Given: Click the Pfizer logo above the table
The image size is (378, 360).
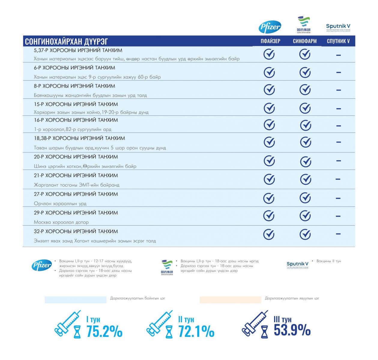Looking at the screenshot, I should pyautogui.click(x=270, y=27).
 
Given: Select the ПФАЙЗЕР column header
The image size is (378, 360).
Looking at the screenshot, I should pyautogui.click(x=270, y=41).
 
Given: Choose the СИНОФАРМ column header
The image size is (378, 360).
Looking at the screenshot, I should pyautogui.click(x=304, y=41).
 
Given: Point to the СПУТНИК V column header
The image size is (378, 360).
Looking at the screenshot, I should pyautogui.click(x=338, y=41).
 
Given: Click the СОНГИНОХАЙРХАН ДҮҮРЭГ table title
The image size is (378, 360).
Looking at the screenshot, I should pyautogui.click(x=66, y=41).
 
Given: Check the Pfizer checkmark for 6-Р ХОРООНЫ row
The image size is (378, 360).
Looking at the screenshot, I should pyautogui.click(x=269, y=72).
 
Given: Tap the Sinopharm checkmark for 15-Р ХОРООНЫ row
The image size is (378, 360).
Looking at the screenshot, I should pyautogui.click(x=305, y=108).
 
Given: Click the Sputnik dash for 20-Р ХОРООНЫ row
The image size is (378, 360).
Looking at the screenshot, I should pyautogui.click(x=338, y=161).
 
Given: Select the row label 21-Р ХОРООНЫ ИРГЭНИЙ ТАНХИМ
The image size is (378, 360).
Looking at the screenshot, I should pyautogui.click(x=76, y=175).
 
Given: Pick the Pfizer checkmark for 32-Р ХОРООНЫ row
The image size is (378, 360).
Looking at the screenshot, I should pyautogui.click(x=269, y=234).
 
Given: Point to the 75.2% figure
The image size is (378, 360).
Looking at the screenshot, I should pyautogui.click(x=104, y=331).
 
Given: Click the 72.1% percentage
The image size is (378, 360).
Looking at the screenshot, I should pyautogui.click(x=196, y=331).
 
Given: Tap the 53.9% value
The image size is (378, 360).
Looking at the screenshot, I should pyautogui.click(x=292, y=330).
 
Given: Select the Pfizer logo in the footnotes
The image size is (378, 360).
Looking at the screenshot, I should pyautogui.click(x=42, y=265).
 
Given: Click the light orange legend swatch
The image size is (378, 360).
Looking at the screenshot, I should pyautogui.click(x=230, y=300).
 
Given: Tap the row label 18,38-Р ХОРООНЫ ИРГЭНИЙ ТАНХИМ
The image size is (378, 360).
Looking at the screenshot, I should pyautogui.click(x=79, y=138).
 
